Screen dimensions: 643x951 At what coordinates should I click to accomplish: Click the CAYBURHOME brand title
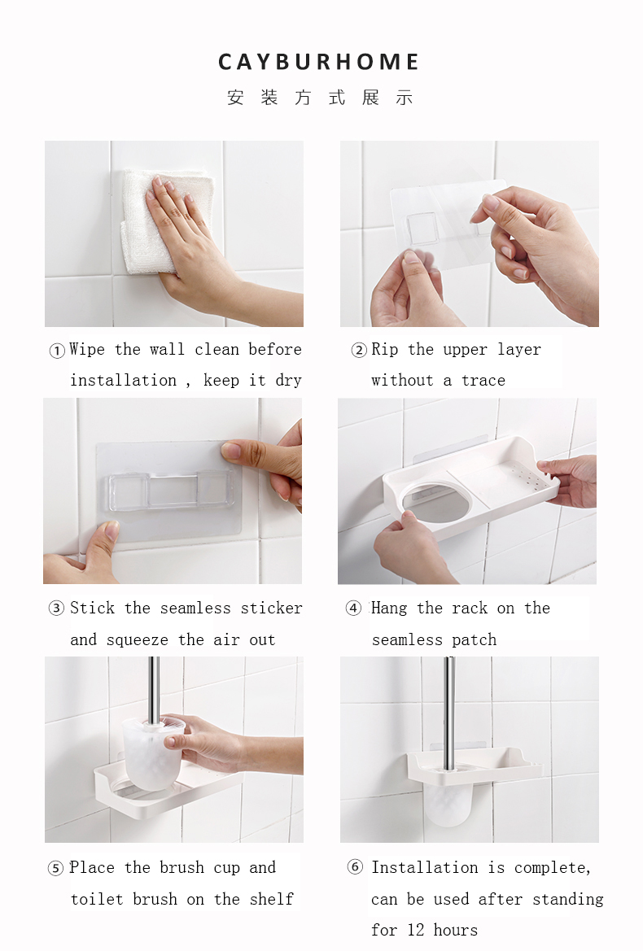point(318,62)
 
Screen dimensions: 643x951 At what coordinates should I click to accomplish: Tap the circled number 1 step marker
point(56,351)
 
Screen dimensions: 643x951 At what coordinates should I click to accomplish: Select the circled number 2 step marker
point(359,350)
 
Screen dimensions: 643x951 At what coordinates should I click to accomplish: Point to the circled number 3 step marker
point(56,609)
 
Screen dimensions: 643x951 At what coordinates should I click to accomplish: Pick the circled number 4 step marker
point(353,609)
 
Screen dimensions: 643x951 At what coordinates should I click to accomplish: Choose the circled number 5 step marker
point(55,868)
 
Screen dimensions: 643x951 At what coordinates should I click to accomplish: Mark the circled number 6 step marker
point(355,867)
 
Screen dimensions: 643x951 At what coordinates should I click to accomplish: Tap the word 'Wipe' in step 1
point(87,349)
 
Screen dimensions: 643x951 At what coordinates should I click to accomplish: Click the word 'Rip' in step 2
point(385,349)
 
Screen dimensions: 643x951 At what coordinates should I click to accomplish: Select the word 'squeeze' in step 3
point(137,640)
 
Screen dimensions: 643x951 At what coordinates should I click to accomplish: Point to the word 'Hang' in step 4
point(389,609)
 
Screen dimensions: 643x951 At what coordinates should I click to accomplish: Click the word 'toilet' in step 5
point(97,899)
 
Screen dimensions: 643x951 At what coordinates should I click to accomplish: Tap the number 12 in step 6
point(416,930)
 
